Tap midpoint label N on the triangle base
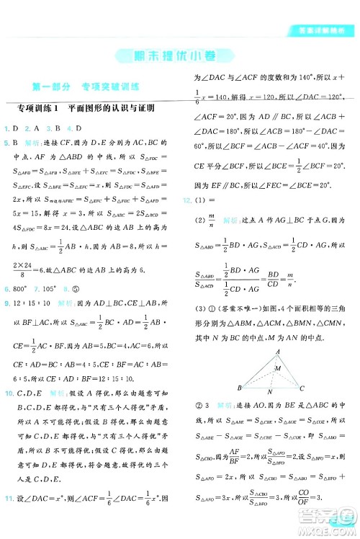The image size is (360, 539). pos(269,393)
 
